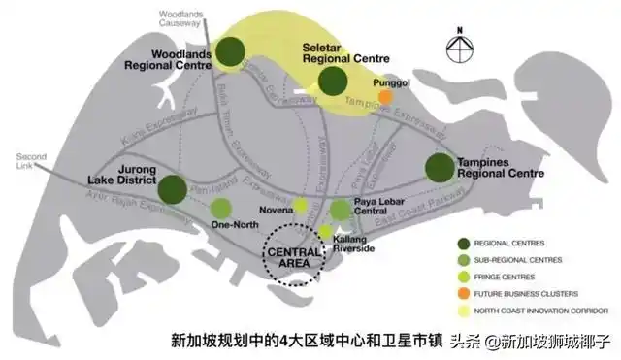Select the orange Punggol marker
pos(386,97)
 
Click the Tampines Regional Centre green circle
pos(439,168)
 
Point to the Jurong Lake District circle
pos(173,188)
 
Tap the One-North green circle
pos(221,207)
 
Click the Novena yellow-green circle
pos(301,205)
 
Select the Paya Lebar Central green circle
pos(341,210)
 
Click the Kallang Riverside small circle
pos(326,231)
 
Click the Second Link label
pos(30,160)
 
